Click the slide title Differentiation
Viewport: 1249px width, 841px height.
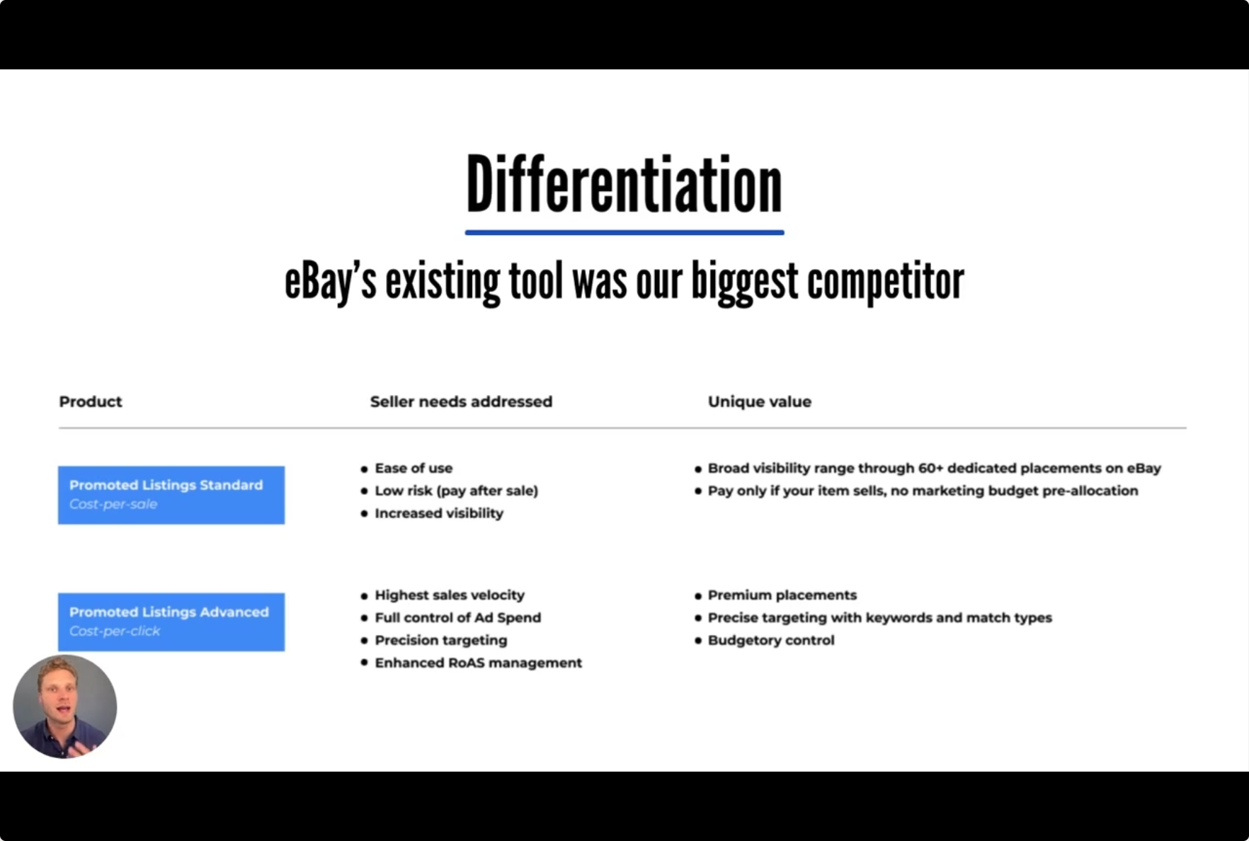[x=624, y=185]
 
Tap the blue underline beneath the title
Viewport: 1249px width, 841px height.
[x=624, y=232]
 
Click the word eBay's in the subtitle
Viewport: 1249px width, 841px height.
[x=330, y=282]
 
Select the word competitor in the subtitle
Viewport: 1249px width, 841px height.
[x=885, y=282]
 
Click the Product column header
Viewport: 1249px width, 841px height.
[x=91, y=401]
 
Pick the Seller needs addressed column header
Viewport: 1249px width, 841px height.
[x=461, y=401]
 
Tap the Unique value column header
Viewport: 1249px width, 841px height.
[x=759, y=401]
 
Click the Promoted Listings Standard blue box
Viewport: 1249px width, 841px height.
[x=171, y=495]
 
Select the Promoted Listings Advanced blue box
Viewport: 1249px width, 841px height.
[x=171, y=622]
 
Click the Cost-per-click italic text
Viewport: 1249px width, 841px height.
[x=115, y=631]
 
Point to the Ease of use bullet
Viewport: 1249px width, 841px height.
[x=414, y=468]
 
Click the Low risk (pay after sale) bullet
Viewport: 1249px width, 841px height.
[x=456, y=491]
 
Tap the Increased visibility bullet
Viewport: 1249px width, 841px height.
[x=439, y=513]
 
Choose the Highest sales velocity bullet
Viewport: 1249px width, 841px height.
[x=450, y=595]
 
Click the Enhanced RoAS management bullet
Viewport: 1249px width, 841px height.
[x=478, y=663]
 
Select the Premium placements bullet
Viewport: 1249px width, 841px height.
[x=782, y=595]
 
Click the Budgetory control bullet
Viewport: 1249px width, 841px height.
[x=771, y=640]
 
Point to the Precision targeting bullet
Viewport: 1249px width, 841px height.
[x=440, y=640]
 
